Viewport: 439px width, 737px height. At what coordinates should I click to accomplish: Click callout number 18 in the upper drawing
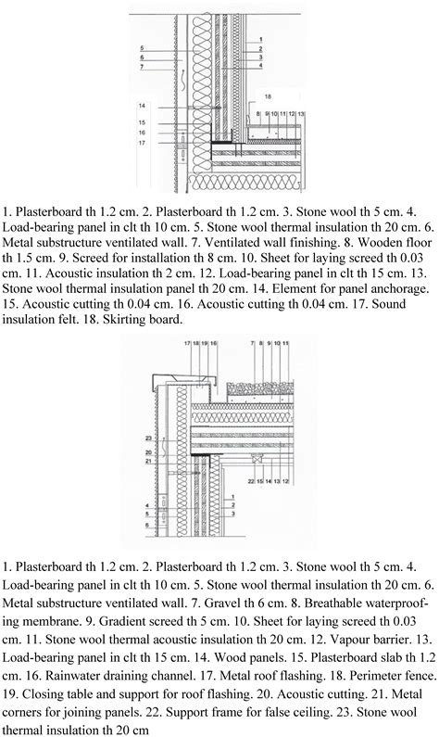(x=268, y=96)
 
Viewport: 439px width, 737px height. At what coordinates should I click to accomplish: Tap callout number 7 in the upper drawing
(x=142, y=67)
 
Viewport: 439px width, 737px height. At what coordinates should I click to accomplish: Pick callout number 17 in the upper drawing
(x=142, y=144)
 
